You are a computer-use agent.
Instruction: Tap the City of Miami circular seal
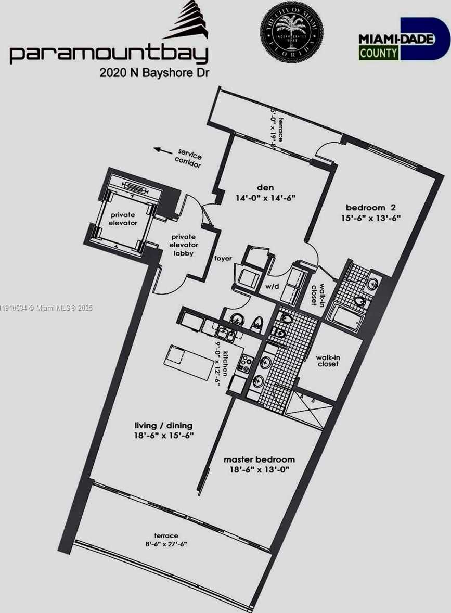(x=291, y=33)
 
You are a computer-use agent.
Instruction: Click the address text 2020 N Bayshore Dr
(x=154, y=73)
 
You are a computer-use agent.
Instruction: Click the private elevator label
(x=123, y=219)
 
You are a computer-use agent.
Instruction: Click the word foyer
(x=223, y=258)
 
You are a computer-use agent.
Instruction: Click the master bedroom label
(x=259, y=459)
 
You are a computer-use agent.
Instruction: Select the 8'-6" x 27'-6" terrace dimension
(x=166, y=544)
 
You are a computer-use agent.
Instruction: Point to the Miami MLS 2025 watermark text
(x=47, y=308)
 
